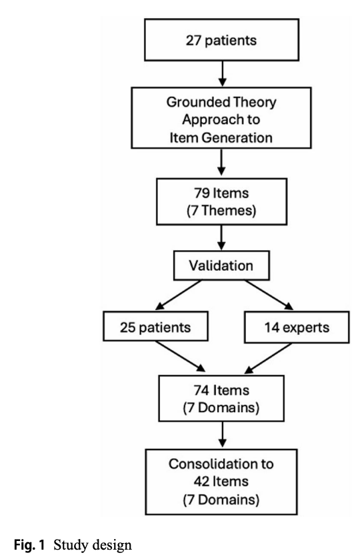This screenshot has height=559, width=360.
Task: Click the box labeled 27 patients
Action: click(x=221, y=40)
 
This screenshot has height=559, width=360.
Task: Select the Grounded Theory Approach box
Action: click(x=221, y=118)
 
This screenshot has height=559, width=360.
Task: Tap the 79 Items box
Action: click(x=221, y=201)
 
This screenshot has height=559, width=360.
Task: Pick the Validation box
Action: click(x=221, y=265)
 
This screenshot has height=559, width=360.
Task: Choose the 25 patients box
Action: click(x=155, y=326)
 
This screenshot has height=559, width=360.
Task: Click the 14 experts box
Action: click(x=297, y=328)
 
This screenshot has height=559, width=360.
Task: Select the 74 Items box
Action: click(x=221, y=398)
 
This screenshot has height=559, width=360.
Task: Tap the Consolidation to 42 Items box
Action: click(x=221, y=482)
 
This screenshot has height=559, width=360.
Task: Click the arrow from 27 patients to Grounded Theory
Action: click(x=222, y=74)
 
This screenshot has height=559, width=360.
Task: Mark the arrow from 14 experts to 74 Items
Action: click(x=268, y=359)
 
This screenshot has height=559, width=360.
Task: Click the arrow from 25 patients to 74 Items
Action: click(x=181, y=356)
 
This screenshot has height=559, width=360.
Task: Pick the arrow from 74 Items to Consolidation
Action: click(x=222, y=434)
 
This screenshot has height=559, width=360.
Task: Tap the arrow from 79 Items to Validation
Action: click(x=221, y=237)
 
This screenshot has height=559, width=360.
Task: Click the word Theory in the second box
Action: click(x=254, y=102)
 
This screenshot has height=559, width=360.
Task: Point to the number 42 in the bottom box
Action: click(x=201, y=481)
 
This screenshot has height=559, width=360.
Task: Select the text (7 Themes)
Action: click(x=221, y=210)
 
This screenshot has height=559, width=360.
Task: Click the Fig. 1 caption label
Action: click(x=29, y=545)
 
